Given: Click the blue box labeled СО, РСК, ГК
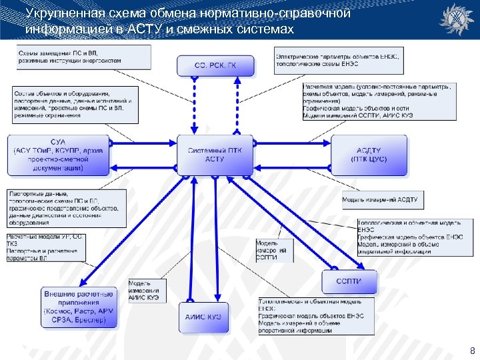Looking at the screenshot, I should tap(215, 65).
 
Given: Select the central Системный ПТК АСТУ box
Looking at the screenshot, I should tap(215, 155).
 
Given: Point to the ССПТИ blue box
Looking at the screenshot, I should tap(349, 281).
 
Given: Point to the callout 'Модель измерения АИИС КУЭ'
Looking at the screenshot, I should tap(146, 291).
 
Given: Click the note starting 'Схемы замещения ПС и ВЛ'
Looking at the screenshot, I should tap(70, 57).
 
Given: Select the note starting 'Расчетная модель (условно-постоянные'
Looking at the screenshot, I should tap(378, 101).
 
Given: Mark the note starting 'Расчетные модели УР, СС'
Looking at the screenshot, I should tap(46, 247).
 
